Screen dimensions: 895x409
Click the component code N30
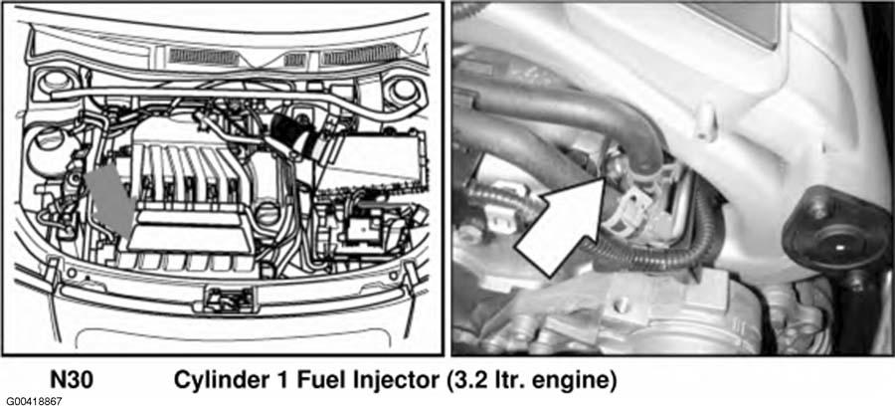click(x=72, y=380)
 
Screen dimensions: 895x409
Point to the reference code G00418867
click(x=32, y=402)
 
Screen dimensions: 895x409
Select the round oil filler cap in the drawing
click(x=267, y=215)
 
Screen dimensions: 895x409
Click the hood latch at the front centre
click(x=230, y=298)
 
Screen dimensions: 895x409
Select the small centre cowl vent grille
click(x=295, y=60)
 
